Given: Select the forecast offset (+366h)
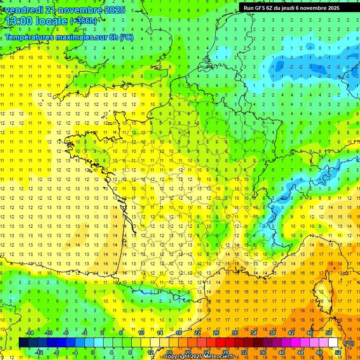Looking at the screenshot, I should click(x=83, y=21).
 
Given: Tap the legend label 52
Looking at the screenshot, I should click(x=337, y=352).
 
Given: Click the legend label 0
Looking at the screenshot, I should click(x=93, y=352).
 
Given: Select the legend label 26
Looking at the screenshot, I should click(x=216, y=332).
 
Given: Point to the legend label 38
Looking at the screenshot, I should click(x=272, y=332).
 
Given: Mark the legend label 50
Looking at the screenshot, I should click(x=328, y=332).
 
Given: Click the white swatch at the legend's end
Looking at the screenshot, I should click(x=333, y=342).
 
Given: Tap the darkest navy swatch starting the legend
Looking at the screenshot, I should click(x=23, y=342).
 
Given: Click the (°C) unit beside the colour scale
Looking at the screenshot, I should click(x=349, y=343).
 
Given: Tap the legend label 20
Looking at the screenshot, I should click(x=187, y=352).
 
